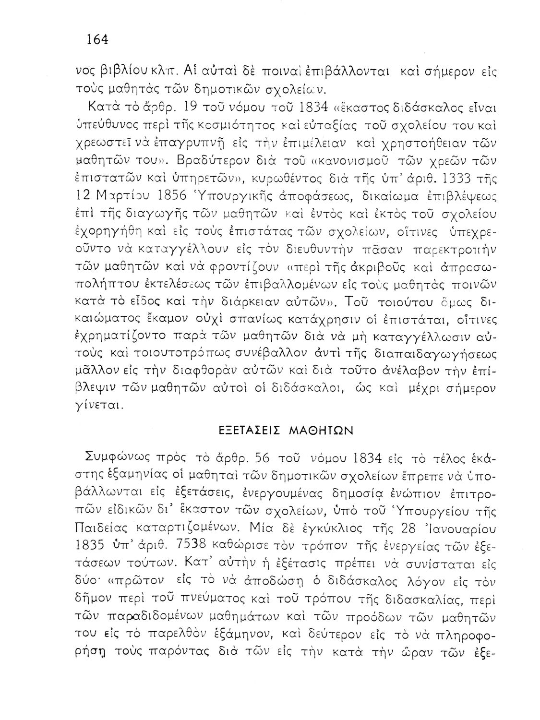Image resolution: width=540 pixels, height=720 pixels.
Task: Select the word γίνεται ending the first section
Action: click(x=96, y=405)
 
